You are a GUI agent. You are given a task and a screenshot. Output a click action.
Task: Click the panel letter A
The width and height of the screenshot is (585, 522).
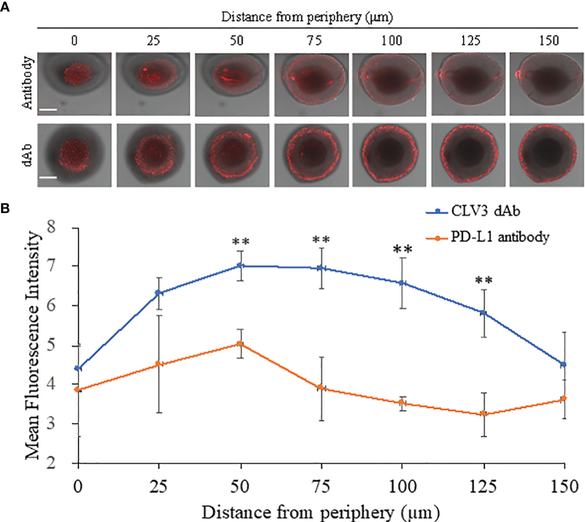click(5, 7)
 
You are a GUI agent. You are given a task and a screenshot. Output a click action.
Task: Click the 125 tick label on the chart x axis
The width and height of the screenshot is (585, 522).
click(483, 487)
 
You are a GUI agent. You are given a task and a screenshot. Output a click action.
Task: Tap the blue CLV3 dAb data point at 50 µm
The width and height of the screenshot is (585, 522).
click(241, 266)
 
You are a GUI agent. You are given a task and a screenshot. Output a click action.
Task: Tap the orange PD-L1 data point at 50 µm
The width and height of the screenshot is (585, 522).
click(241, 344)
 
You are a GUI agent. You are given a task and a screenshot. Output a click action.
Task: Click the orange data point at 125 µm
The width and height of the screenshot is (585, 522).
click(484, 413)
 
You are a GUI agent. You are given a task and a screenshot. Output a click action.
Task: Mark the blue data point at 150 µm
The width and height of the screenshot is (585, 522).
click(564, 364)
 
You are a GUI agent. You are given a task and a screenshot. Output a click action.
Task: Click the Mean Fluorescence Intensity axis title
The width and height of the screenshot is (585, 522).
click(32, 345)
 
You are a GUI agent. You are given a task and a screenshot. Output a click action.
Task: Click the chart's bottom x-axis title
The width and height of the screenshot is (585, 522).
click(320, 513)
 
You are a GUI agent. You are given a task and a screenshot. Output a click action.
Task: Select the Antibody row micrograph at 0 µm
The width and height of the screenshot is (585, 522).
click(74, 84)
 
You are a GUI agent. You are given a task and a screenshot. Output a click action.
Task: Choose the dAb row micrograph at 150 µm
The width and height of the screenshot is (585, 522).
click(546, 155)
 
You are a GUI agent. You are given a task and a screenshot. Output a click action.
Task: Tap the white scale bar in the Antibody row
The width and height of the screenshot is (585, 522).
click(48, 110)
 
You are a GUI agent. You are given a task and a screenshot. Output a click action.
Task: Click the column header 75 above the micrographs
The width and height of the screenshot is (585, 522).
click(314, 41)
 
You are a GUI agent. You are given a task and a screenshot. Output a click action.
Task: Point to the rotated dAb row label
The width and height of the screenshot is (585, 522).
click(28, 155)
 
